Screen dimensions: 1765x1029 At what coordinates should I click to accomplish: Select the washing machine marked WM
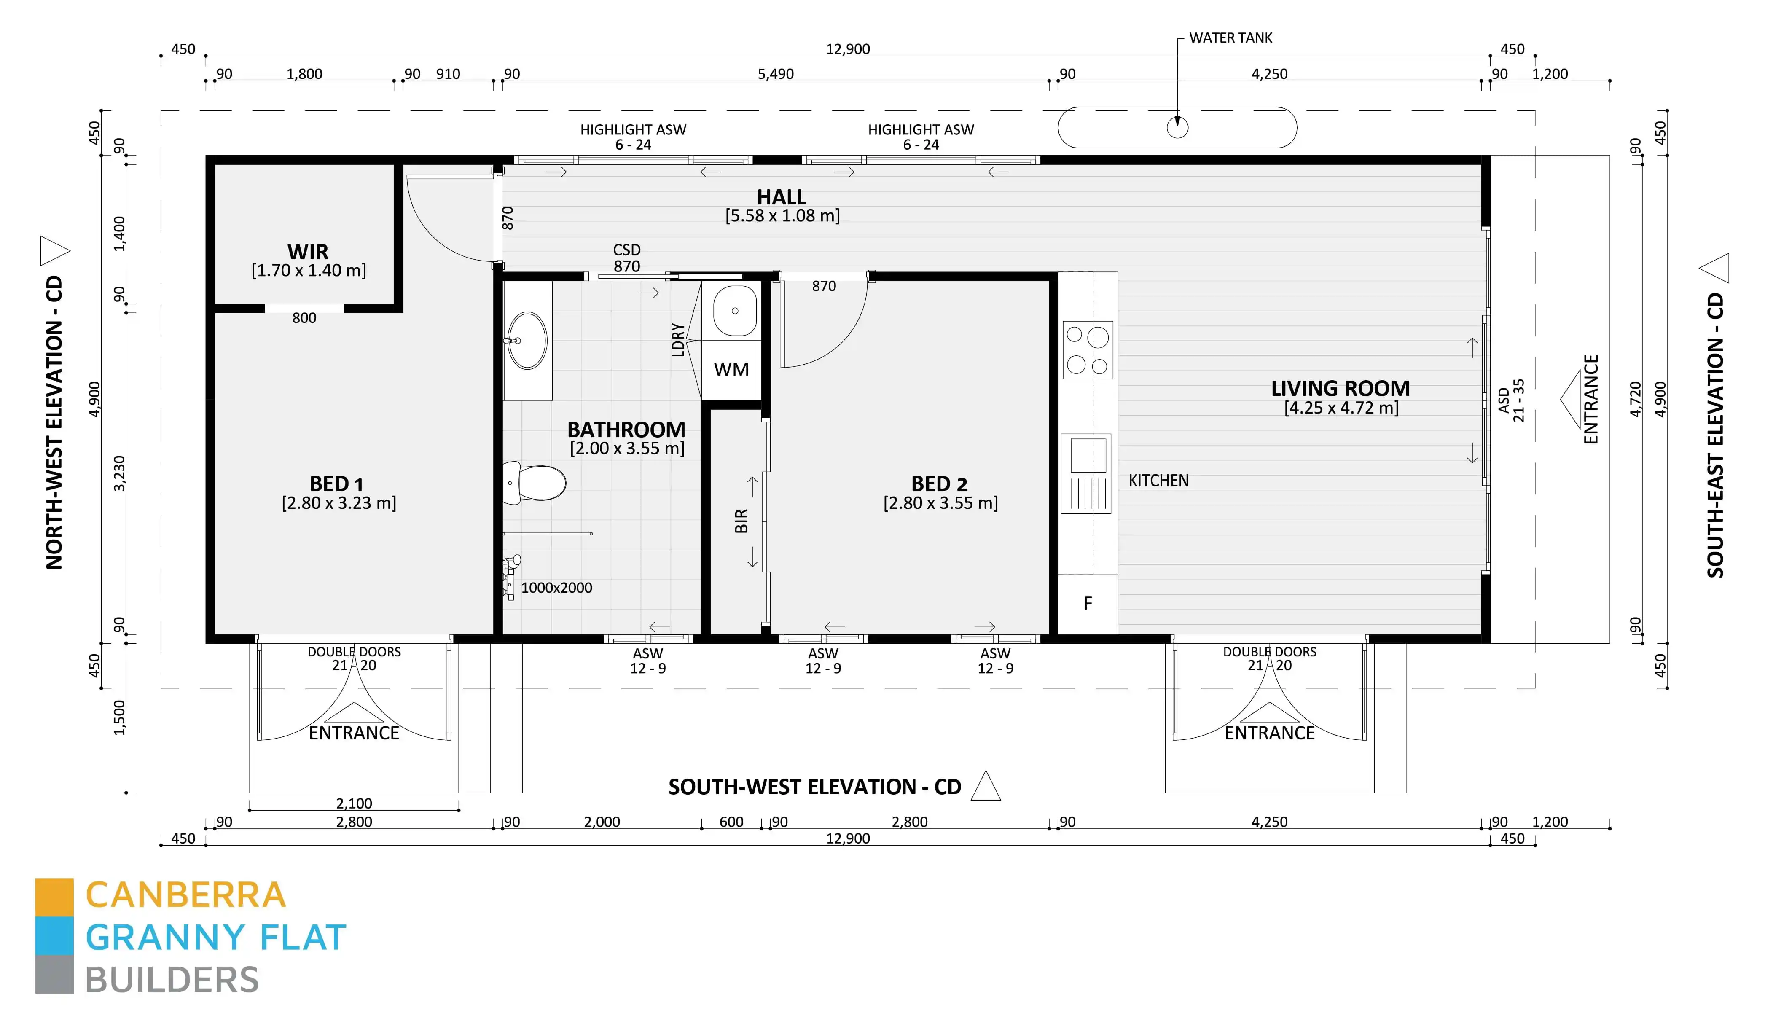[x=731, y=370]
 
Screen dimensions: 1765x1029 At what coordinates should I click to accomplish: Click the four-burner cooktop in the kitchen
[x=1088, y=349]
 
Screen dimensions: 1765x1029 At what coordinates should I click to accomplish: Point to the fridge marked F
[x=1088, y=604]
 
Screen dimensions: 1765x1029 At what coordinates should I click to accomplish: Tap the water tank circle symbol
[x=1177, y=127]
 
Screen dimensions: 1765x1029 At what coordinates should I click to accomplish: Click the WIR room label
[x=307, y=252]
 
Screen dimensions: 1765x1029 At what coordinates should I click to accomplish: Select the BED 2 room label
[x=939, y=484]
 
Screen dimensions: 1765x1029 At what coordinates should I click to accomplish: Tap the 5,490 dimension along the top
[x=776, y=73]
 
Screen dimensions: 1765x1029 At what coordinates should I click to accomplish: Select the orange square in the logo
[x=54, y=897]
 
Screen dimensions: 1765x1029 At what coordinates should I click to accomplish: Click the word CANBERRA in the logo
[x=185, y=895]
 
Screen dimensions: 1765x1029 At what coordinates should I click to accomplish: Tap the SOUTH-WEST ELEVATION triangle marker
[x=986, y=786]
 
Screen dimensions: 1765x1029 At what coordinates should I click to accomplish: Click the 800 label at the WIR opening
[x=304, y=318]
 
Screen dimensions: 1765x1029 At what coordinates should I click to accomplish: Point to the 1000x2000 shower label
[x=557, y=588]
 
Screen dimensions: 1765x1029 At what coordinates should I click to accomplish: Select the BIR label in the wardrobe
[x=741, y=521]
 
